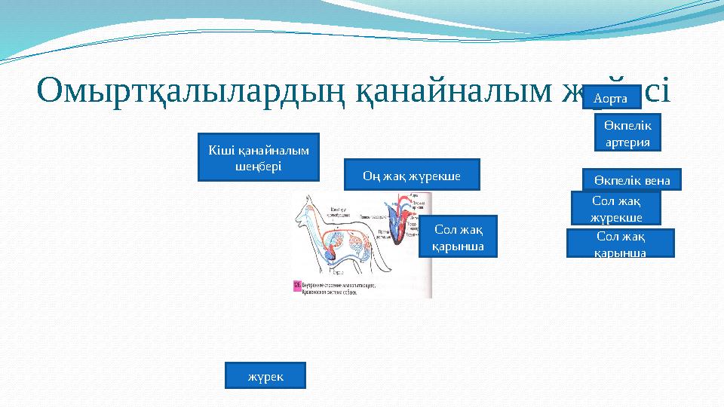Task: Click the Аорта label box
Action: (x=611, y=97)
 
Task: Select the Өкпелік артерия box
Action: (x=627, y=132)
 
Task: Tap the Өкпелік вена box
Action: (x=631, y=179)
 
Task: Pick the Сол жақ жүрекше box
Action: (x=615, y=209)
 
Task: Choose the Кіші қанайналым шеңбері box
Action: (x=258, y=158)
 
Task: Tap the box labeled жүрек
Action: (x=265, y=375)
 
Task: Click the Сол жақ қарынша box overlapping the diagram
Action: (x=458, y=237)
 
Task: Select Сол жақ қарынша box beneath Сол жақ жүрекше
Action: (x=619, y=243)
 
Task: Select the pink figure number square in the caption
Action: (x=296, y=285)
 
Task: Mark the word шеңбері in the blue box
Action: (x=258, y=166)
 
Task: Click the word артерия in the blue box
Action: (x=627, y=141)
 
